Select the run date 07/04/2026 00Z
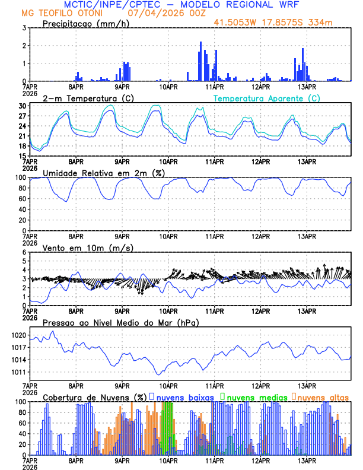161,13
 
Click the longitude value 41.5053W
235,23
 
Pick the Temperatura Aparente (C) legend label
266,98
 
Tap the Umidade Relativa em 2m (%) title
103,173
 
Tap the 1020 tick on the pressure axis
18,335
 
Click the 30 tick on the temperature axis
22,106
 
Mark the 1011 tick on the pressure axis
18,372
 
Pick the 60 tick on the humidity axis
22,198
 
